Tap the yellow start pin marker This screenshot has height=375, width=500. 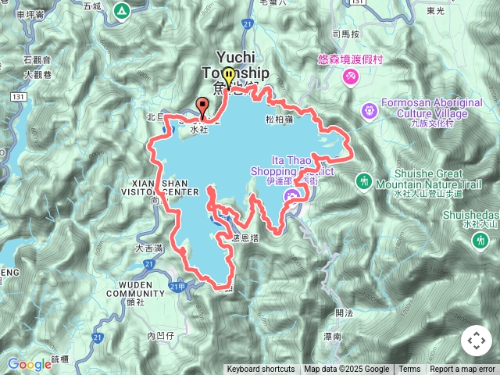(x=228, y=77)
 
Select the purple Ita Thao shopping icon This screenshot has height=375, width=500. (x=291, y=195)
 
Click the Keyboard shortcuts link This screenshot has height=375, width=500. (x=261, y=370)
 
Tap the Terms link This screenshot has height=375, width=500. (x=409, y=370)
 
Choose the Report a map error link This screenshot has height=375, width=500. (x=462, y=370)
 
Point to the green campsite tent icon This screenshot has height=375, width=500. (x=121, y=11)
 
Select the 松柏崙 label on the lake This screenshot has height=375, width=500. (x=279, y=120)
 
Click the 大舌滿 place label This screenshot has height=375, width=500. (x=148, y=248)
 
